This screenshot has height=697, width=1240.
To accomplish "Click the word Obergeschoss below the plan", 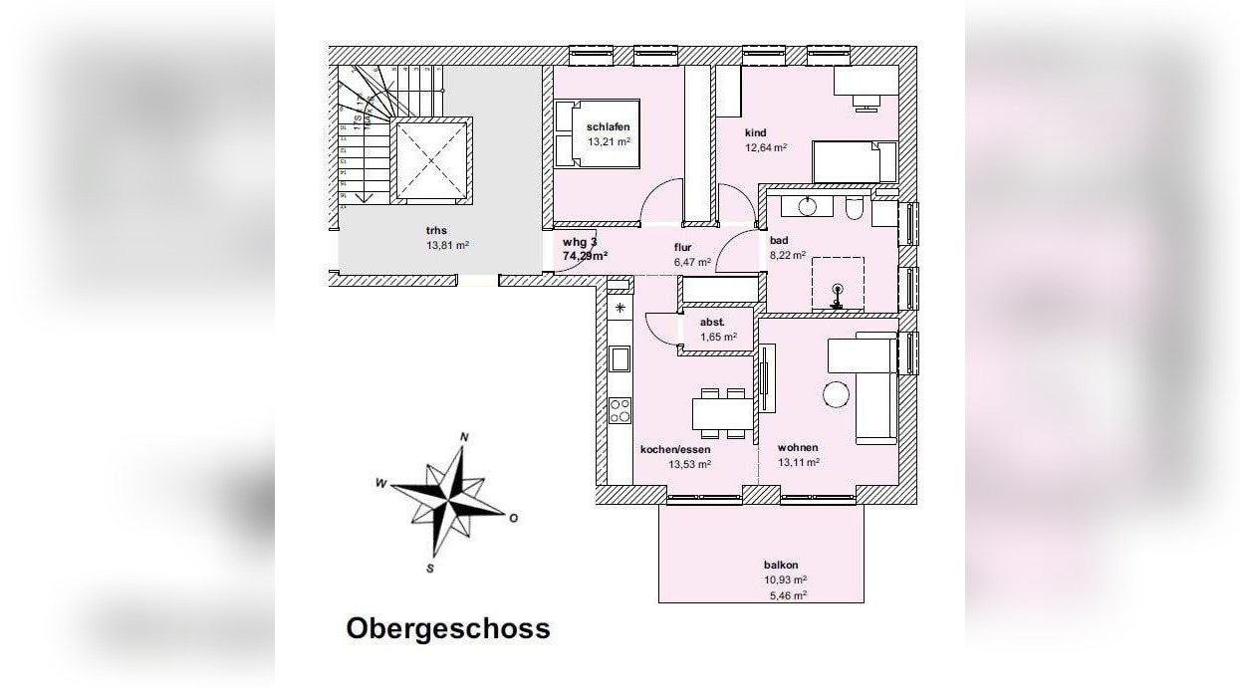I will tap(447, 629).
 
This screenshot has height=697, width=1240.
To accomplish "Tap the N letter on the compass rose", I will tap(463, 437).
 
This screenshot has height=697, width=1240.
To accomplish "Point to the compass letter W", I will tap(380, 483).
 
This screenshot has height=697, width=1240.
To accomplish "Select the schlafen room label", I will tap(608, 126).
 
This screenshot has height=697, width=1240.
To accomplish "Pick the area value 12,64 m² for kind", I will tap(766, 148).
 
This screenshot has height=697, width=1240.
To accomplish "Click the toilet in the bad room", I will tap(854, 210).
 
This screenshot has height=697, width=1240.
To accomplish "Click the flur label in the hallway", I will tap(682, 248).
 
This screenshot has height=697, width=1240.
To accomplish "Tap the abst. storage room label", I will tap(711, 322).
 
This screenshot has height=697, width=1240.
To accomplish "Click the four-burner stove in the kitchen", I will tap(620, 409).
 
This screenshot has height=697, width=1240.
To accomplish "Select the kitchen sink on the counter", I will tap(620, 358).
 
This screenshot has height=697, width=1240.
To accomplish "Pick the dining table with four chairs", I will tap(723, 411).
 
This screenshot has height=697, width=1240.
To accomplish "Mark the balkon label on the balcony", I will tap(781, 565).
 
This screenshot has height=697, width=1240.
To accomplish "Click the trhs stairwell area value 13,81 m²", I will tap(447, 245).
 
